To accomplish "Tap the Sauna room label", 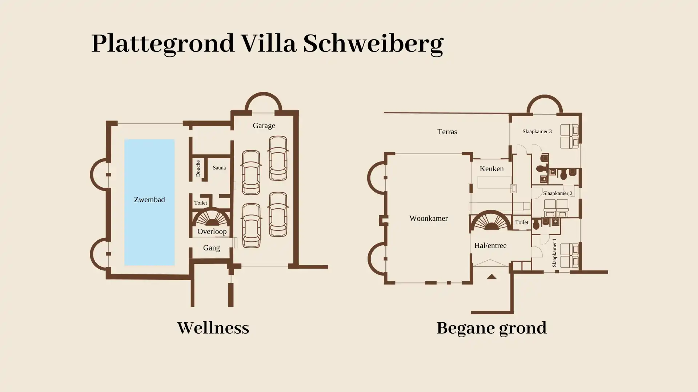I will click(x=219, y=168).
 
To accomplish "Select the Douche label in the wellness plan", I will click(x=198, y=168).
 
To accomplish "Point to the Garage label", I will click(x=264, y=126).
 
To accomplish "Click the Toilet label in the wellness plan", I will click(x=201, y=203).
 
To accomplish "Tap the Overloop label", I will click(x=212, y=232).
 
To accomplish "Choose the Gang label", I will click(x=211, y=248).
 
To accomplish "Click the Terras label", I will click(x=447, y=132).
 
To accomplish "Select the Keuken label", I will click(x=492, y=169).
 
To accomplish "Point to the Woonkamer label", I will click(x=429, y=219).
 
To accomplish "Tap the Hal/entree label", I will click(x=490, y=246).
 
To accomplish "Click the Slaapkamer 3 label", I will click(x=537, y=131).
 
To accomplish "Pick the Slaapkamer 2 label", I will click(x=558, y=193).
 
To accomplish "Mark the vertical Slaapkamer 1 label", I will click(x=554, y=253).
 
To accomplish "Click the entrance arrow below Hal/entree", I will click(x=492, y=277).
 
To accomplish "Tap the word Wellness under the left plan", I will click(x=213, y=328).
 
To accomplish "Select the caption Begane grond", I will click(x=491, y=328).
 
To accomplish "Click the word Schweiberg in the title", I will click(x=373, y=44).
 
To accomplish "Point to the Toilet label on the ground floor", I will click(x=522, y=222).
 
